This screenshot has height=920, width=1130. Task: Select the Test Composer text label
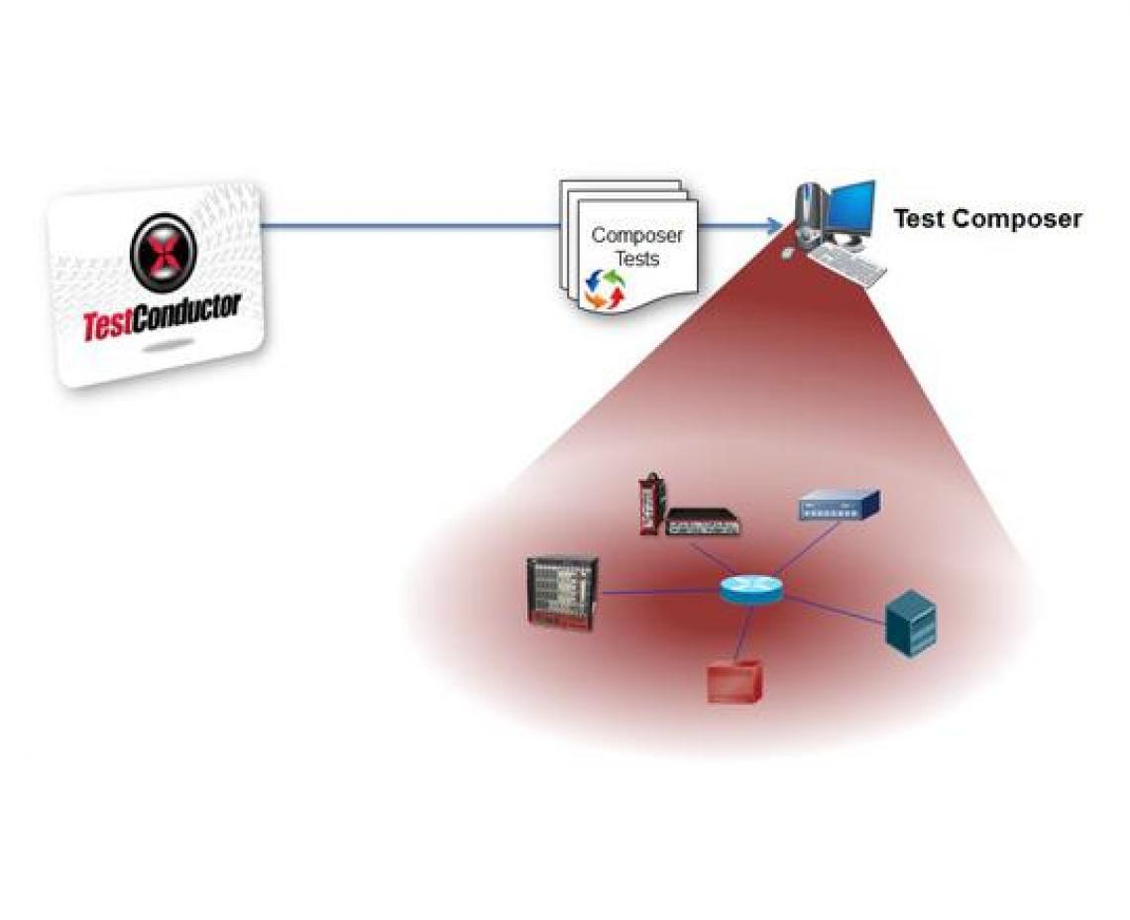pos(986,219)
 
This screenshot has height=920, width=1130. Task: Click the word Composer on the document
pos(636,236)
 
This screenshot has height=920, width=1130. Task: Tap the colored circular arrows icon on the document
pos(606,287)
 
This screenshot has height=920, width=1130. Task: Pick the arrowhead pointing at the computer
pos(774,227)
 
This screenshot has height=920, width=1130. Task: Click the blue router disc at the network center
pos(750,592)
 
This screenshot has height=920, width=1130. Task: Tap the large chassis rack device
pos(563,593)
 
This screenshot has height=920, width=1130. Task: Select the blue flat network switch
pos(839,507)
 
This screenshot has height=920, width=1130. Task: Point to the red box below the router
pos(734,681)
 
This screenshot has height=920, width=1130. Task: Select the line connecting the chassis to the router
pos(659,593)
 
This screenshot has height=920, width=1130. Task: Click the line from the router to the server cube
pos(833,609)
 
